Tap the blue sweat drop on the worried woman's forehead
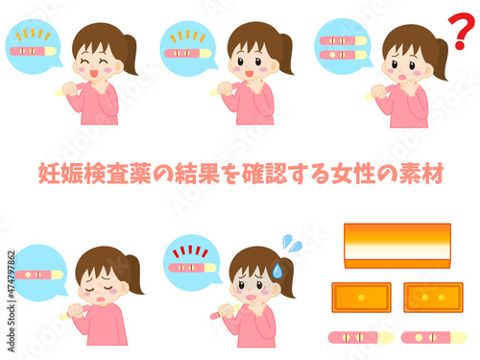pyautogui.click(x=277, y=271)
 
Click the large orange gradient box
pyautogui.click(x=397, y=246)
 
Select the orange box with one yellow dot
pyautogui.click(x=361, y=298)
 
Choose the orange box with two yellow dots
pyautogui.click(x=433, y=298)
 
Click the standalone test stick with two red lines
pyautogui.click(x=361, y=337)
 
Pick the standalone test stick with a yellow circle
pyautogui.click(x=434, y=337)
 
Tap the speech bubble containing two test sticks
pyautogui.click(x=343, y=47)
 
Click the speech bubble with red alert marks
pyautogui.click(x=193, y=263)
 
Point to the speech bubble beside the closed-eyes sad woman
pyautogui.click(x=40, y=273)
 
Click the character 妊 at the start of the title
pyautogui.click(x=49, y=174)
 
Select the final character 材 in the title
pyautogui.click(x=432, y=174)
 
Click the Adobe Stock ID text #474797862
pyautogui.click(x=12, y=276)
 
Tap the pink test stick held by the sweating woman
pyautogui.click(x=225, y=312)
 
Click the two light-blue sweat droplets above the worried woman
pyautogui.click(x=293, y=243)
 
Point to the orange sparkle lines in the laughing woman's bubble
pyautogui.click(x=33, y=35)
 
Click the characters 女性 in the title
pyautogui.click(x=353, y=174)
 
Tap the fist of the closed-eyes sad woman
pyautogui.click(x=76, y=311)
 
